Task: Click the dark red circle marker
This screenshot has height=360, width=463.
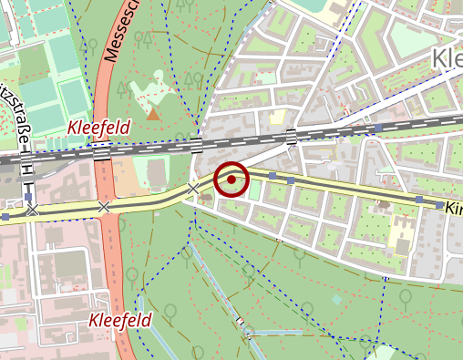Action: (x=231, y=180)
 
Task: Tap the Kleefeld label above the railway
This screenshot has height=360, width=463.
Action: (x=98, y=127)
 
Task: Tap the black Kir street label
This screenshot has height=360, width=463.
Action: (x=453, y=209)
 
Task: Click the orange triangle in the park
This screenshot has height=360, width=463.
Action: (x=153, y=115)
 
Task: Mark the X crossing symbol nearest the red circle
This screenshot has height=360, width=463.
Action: (x=193, y=189)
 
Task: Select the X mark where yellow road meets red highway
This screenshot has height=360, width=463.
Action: (x=104, y=208)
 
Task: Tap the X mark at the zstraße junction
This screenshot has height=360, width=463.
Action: (x=33, y=211)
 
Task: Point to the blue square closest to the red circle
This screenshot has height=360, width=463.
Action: (x=272, y=176)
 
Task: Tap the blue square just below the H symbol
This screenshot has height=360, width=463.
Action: (x=29, y=195)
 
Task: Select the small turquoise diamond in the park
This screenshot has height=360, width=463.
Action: (x=336, y=299)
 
